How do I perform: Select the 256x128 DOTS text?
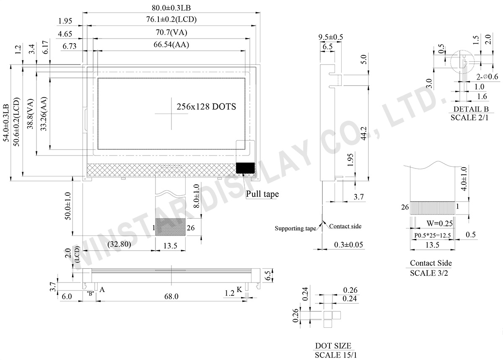(x=206, y=107)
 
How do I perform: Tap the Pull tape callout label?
(x=262, y=194)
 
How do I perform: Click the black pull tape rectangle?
(x=245, y=168)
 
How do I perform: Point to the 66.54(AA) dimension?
(x=171, y=45)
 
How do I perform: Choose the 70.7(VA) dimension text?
(x=171, y=32)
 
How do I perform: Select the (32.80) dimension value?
(x=121, y=244)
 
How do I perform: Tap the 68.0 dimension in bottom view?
(x=171, y=297)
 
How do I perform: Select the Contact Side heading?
(x=431, y=263)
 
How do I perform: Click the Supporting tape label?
(x=295, y=228)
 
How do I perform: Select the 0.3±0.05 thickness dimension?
(x=348, y=244)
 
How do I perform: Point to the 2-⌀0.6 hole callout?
(x=487, y=77)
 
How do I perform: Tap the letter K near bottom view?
(x=239, y=289)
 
